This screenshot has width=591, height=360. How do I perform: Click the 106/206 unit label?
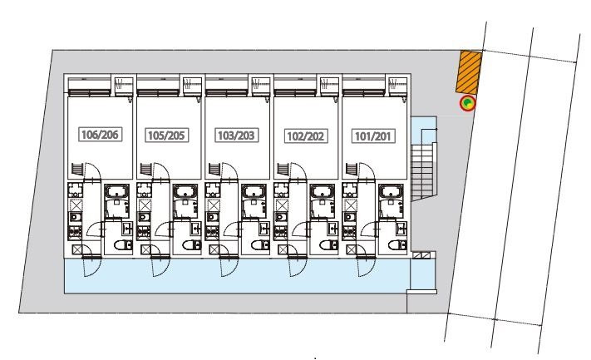click(x=101, y=134)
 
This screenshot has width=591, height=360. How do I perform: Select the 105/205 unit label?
click(x=166, y=136)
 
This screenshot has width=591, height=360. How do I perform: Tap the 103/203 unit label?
click(x=236, y=136)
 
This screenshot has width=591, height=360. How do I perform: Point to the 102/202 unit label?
click(x=306, y=136)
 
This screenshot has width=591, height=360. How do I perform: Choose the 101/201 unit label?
click(x=373, y=136)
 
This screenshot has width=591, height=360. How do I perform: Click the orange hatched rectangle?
click(x=470, y=72)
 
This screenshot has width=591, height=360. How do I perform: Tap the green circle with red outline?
click(x=468, y=103)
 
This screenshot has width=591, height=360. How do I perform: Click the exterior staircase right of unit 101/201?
click(x=423, y=170)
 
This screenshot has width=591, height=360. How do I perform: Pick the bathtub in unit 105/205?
click(x=186, y=192)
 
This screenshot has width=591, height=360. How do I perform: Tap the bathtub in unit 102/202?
click(x=323, y=192)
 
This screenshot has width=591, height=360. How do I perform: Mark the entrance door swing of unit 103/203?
click(x=229, y=266)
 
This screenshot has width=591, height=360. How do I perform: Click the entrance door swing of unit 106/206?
click(x=91, y=266)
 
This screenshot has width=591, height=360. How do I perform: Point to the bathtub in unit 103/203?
click(x=254, y=192)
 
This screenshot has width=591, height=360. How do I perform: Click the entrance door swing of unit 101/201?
click(x=366, y=266)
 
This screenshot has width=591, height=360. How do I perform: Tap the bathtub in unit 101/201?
click(x=392, y=192)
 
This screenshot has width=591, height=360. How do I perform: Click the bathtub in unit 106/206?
click(x=117, y=192)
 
